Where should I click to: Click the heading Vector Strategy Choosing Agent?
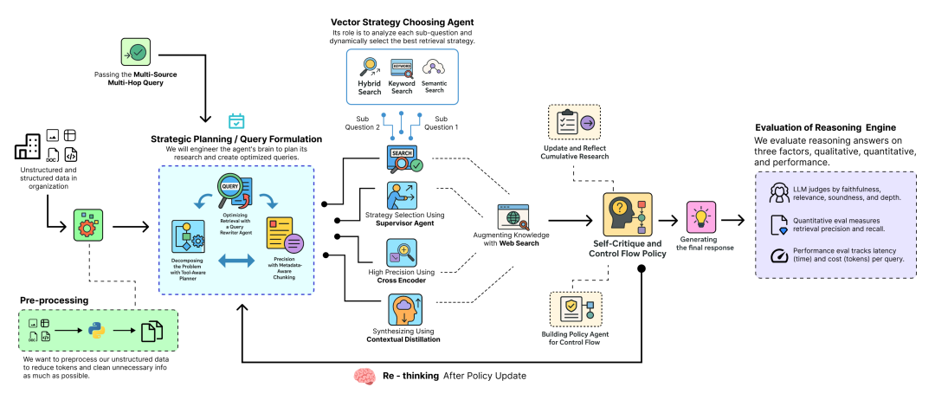point(402,22)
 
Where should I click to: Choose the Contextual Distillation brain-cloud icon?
point(403,309)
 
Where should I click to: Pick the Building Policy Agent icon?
point(575,309)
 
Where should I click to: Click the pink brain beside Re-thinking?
point(364,377)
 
